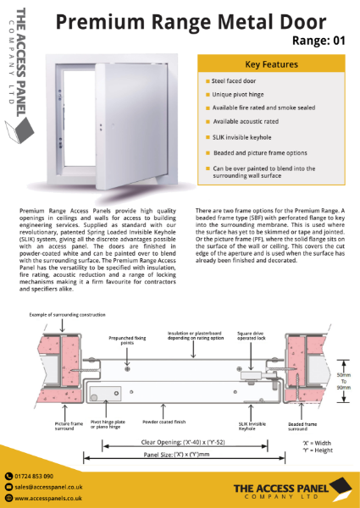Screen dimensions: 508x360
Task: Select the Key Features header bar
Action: [x=270, y=63]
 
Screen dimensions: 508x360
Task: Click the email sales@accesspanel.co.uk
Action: [x=53, y=489]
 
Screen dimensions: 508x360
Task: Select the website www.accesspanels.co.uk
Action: [x=54, y=500]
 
